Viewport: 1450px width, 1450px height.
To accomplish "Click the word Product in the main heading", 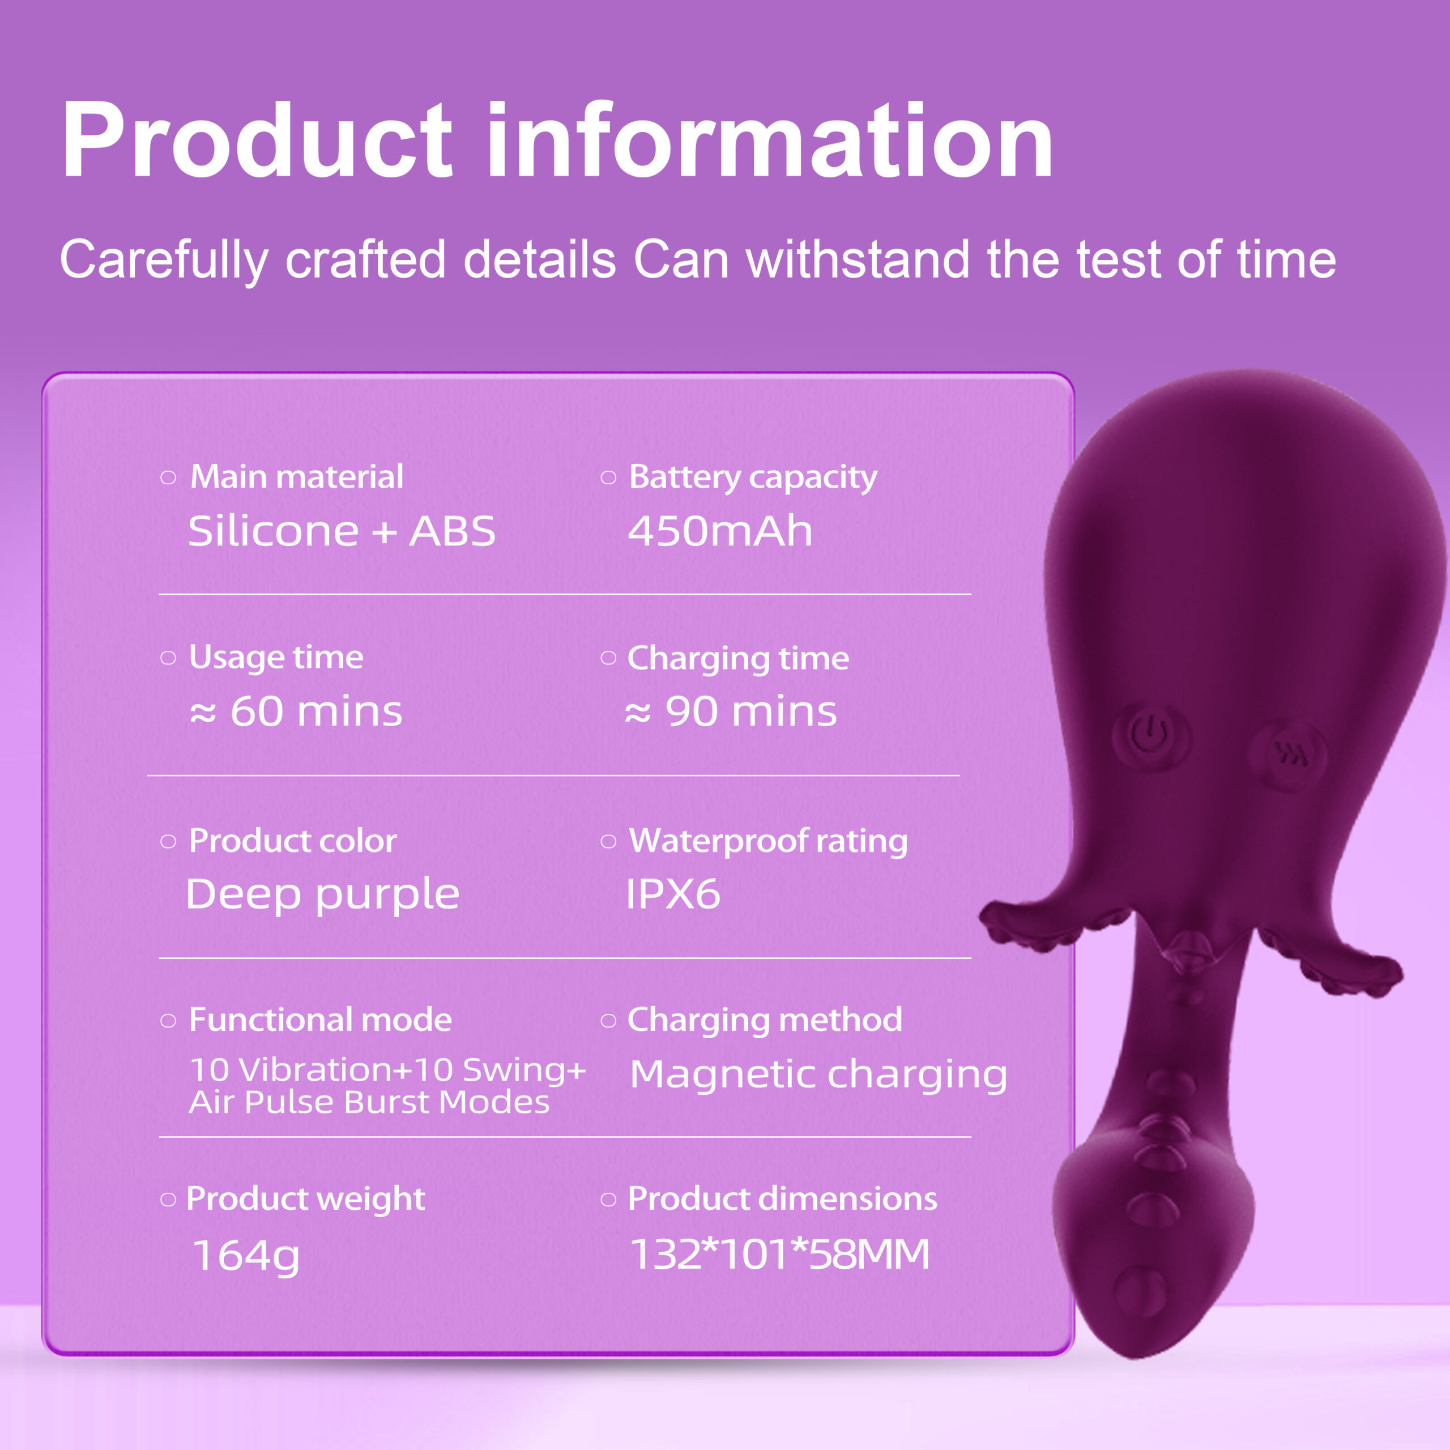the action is pyautogui.click(x=257, y=140).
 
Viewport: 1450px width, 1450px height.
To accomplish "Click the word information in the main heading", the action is pyautogui.click(x=770, y=140).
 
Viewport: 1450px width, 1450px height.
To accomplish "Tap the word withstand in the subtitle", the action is pyautogui.click(x=858, y=259).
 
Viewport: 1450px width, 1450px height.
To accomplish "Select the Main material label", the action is pyautogui.click(x=296, y=476).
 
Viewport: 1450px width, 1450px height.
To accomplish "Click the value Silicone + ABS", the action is pyautogui.click(x=342, y=531).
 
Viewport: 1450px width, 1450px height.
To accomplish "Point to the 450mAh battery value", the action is pyautogui.click(x=720, y=531).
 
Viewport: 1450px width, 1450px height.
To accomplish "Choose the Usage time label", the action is pyautogui.click(x=276, y=658).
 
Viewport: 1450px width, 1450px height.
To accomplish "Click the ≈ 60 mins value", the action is pyautogui.click(x=296, y=711).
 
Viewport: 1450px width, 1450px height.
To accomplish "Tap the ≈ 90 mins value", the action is pyautogui.click(x=730, y=711).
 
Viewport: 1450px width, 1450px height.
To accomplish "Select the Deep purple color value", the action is pyautogui.click(x=323, y=894).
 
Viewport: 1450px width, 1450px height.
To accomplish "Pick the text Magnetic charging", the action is pyautogui.click(x=818, y=1074).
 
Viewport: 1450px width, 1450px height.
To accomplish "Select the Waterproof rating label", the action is pyautogui.click(x=768, y=841).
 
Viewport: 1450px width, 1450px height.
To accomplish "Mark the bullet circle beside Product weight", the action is pyautogui.click(x=168, y=1199).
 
